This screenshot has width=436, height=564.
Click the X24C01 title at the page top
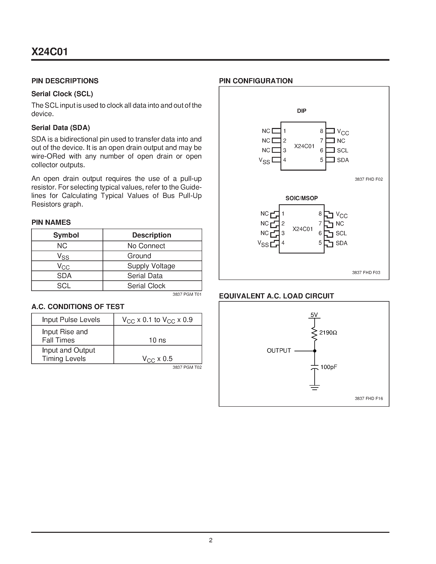coord(50,52)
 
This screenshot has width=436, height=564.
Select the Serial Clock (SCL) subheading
coord(62,94)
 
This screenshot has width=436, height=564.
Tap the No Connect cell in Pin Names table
coord(146,246)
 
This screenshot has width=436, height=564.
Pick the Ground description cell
coord(139,256)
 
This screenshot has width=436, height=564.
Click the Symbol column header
coord(66,235)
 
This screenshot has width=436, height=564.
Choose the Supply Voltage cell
coord(151,266)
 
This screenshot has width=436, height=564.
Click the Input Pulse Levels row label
coord(71,320)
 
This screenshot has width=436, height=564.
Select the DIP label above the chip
coord(301,111)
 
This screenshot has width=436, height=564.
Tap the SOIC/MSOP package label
coord(301,198)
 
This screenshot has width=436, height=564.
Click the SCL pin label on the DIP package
coord(342,151)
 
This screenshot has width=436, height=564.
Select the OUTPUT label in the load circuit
coord(279,351)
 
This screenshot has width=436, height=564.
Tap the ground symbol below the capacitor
coord(314,387)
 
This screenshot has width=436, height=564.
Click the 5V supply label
coord(314,315)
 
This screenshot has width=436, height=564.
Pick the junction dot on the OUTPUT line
coord(315,351)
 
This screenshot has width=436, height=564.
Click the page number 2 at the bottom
coord(211,540)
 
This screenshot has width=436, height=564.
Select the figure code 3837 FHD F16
coord(368,398)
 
